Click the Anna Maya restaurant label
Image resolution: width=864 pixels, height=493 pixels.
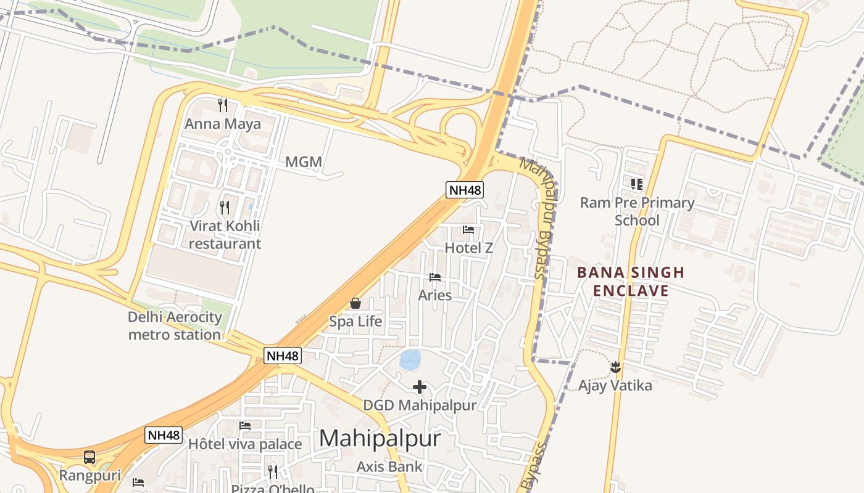coord(223,124)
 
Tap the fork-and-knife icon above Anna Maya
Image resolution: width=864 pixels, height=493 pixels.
coord(223,105)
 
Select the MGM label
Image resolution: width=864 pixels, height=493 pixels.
coord(304,162)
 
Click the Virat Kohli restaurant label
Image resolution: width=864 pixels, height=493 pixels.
coord(225,234)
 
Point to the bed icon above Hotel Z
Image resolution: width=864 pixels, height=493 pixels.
coord(468,230)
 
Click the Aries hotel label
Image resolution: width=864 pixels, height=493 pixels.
coord(435,295)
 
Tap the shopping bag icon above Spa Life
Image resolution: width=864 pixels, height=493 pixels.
coord(355,303)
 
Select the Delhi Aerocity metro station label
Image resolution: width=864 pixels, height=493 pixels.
coord(175,326)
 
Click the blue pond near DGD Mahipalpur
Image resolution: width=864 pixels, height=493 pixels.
coord(410,359)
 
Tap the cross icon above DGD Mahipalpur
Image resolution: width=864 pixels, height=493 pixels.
coord(420,387)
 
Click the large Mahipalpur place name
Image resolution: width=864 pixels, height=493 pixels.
coord(380,438)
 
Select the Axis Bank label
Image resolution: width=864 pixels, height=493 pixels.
coord(389,467)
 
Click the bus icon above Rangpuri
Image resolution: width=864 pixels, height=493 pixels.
coord(89,457)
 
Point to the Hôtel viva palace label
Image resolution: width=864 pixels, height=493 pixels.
coord(245,444)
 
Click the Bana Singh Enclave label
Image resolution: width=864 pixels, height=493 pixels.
coord(631,282)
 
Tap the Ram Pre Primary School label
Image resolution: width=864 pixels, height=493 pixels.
coord(637,211)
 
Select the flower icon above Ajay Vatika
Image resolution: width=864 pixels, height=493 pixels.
coord(615,367)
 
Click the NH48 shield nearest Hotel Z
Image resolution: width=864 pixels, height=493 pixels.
coord(465,190)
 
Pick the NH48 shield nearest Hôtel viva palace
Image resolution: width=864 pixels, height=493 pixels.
coord(164,435)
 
